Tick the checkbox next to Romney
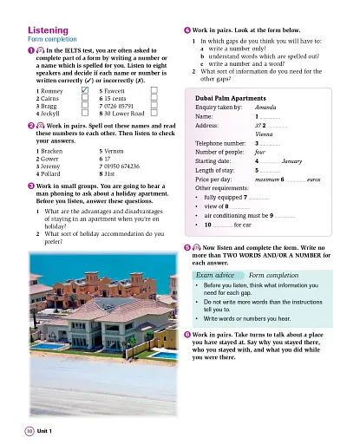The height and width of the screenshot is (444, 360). pos(84,88)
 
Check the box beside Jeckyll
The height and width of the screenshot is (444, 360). pos(84,112)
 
